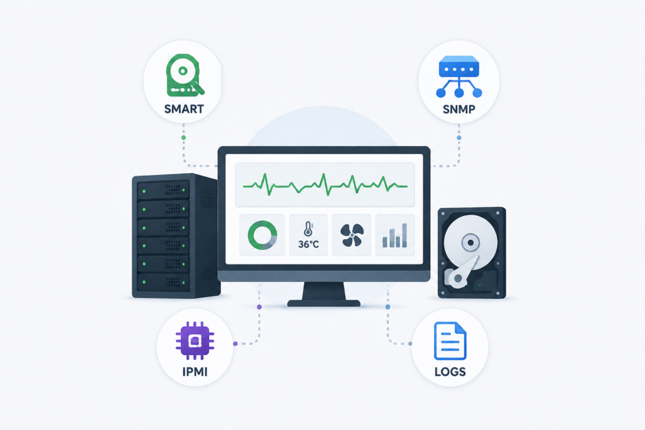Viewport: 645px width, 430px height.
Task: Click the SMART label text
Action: [x=184, y=109]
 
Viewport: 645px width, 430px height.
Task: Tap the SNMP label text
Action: [x=459, y=110]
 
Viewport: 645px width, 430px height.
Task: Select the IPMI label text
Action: [x=195, y=371]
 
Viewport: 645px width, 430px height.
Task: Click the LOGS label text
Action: [x=450, y=371]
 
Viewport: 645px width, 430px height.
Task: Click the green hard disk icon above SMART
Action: [x=185, y=76]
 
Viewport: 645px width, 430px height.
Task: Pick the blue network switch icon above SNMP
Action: [x=459, y=76]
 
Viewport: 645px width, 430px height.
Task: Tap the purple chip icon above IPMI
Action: [x=195, y=341]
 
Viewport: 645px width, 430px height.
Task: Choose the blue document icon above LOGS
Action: [x=450, y=341]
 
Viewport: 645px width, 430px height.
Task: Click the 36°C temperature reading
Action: [x=309, y=244]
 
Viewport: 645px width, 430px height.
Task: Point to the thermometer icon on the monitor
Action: [x=308, y=229]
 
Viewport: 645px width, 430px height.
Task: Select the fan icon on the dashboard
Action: [x=352, y=235]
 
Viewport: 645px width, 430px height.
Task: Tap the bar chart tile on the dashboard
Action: [x=395, y=235]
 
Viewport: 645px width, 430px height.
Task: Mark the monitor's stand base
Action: [x=324, y=303]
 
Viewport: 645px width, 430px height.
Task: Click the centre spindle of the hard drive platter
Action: [x=471, y=242]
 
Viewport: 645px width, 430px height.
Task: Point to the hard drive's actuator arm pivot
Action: [x=457, y=279]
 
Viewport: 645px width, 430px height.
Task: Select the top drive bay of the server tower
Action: [x=163, y=190]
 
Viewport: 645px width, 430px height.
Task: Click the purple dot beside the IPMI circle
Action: [x=236, y=344]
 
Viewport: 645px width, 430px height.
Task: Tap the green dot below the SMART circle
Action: [x=183, y=137]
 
